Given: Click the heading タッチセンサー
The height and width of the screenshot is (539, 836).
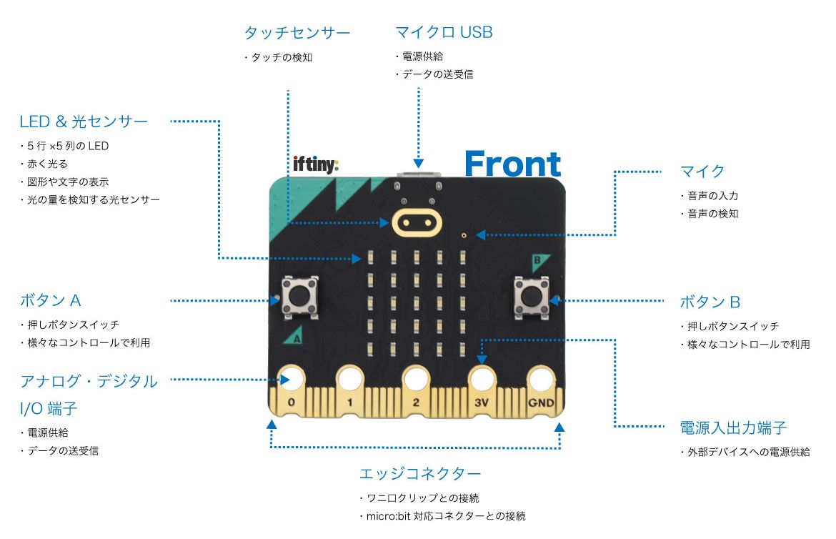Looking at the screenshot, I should (297, 33).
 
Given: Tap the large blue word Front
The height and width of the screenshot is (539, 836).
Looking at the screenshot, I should (512, 164).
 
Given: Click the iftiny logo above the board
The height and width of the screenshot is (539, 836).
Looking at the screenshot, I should (316, 164).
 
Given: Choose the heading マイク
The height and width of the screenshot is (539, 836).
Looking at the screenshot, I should (702, 171).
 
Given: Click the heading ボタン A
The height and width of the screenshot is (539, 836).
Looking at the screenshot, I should (55, 300).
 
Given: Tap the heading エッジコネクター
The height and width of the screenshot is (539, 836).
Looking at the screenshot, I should (419, 473).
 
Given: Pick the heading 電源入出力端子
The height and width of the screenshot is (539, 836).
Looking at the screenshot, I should (733, 427).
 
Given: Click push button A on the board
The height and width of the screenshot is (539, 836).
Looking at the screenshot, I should (300, 296).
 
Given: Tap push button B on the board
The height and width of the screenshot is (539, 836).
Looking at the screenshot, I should (531, 296).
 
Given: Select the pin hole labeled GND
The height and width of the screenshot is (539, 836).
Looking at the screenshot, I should (542, 377).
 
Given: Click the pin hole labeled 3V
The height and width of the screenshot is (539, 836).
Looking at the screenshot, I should (481, 377).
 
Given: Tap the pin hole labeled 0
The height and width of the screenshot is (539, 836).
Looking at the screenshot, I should (291, 377).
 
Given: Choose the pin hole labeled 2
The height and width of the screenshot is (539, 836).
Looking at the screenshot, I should (415, 377).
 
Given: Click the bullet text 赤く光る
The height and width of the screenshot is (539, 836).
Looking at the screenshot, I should (46, 163).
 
